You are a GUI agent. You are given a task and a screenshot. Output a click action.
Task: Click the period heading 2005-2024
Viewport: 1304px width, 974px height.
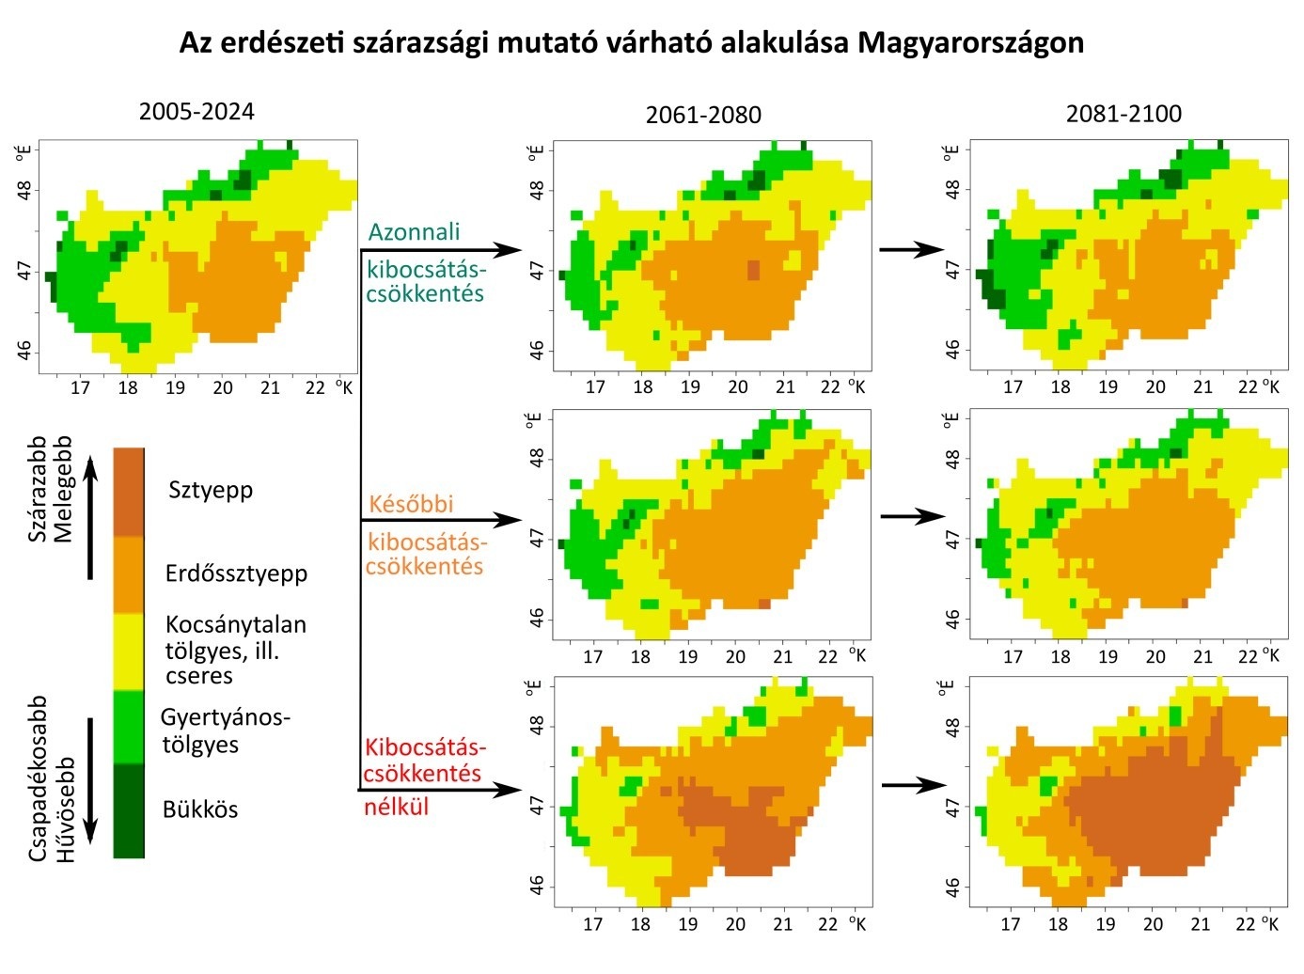pyautogui.click(x=196, y=112)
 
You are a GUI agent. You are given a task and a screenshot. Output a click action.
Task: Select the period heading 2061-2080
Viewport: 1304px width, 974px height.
pyautogui.click(x=703, y=116)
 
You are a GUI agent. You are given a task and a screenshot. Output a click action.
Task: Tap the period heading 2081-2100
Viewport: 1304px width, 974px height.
pyautogui.click(x=1123, y=114)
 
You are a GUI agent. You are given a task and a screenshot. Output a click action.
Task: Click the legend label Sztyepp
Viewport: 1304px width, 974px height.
pyautogui.click(x=211, y=490)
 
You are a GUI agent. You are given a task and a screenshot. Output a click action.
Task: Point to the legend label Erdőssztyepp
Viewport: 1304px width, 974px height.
pyautogui.click(x=236, y=573)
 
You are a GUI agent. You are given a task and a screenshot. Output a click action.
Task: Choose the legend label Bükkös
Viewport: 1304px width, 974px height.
pyautogui.click(x=200, y=809)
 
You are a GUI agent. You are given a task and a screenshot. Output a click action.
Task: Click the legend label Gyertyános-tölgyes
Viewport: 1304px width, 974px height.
pyautogui.click(x=225, y=730)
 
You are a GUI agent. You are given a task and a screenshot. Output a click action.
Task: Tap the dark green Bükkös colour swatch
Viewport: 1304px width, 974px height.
pyautogui.click(x=129, y=810)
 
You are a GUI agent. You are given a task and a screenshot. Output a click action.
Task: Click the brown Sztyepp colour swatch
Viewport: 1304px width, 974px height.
pyautogui.click(x=129, y=492)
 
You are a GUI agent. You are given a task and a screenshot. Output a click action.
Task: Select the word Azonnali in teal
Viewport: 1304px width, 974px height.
pyautogui.click(x=414, y=232)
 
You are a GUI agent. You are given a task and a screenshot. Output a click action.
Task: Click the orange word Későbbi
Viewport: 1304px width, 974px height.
pyautogui.click(x=411, y=504)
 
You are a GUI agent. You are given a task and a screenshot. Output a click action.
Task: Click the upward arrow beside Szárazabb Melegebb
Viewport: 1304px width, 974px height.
pyautogui.click(x=90, y=517)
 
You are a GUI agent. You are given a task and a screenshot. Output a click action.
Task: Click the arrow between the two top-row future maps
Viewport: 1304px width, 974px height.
pyautogui.click(x=911, y=250)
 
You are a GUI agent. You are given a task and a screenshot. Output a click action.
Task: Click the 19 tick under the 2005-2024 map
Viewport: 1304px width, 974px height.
pyautogui.click(x=175, y=387)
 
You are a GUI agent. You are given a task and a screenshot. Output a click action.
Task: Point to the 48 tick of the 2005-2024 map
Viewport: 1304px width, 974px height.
pyautogui.click(x=24, y=189)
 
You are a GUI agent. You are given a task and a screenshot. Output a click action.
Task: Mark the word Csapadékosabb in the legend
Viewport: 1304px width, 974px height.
pyautogui.click(x=38, y=778)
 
